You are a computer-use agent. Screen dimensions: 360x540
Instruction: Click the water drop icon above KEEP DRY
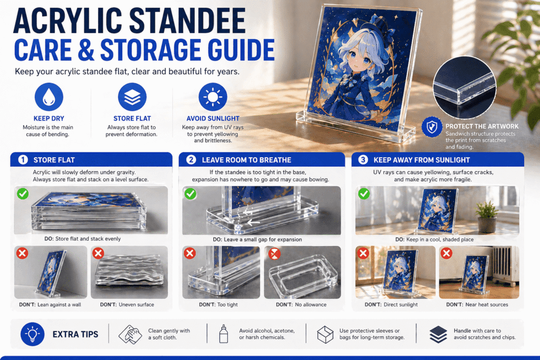pyautogui.click(x=49, y=98)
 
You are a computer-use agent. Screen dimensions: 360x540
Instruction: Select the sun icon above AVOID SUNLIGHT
pyautogui.click(x=213, y=98)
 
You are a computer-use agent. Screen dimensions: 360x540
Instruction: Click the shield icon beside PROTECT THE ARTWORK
pyautogui.click(x=433, y=127)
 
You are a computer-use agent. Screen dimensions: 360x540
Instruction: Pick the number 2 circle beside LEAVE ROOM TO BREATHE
pyautogui.click(x=191, y=160)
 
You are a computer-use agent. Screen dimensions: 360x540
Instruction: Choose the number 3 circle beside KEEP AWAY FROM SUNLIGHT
pyautogui.click(x=363, y=160)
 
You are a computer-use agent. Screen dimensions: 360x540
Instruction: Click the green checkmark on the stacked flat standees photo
pyautogui.click(x=23, y=194)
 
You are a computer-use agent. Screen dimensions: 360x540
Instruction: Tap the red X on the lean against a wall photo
pyautogui.click(x=23, y=254)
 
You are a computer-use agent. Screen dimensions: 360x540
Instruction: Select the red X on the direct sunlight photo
pyautogui.click(x=363, y=254)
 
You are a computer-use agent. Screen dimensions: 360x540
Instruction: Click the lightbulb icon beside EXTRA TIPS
pyautogui.click(x=31, y=334)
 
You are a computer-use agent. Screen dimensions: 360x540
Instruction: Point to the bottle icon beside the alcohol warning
pyautogui.click(x=223, y=334)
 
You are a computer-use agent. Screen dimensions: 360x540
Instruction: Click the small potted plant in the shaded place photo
pyautogui.click(x=486, y=216)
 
